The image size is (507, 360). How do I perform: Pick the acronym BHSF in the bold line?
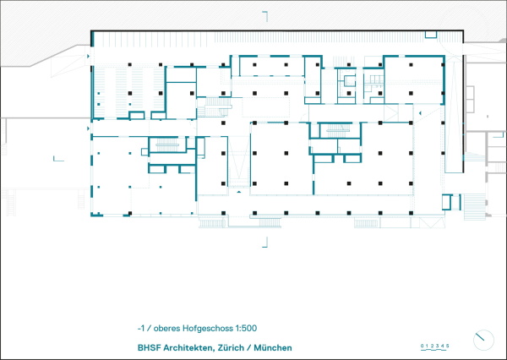148,346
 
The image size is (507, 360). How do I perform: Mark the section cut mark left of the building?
58,157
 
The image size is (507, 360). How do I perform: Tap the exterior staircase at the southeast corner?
476,205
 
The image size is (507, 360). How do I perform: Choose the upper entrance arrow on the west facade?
87,56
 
